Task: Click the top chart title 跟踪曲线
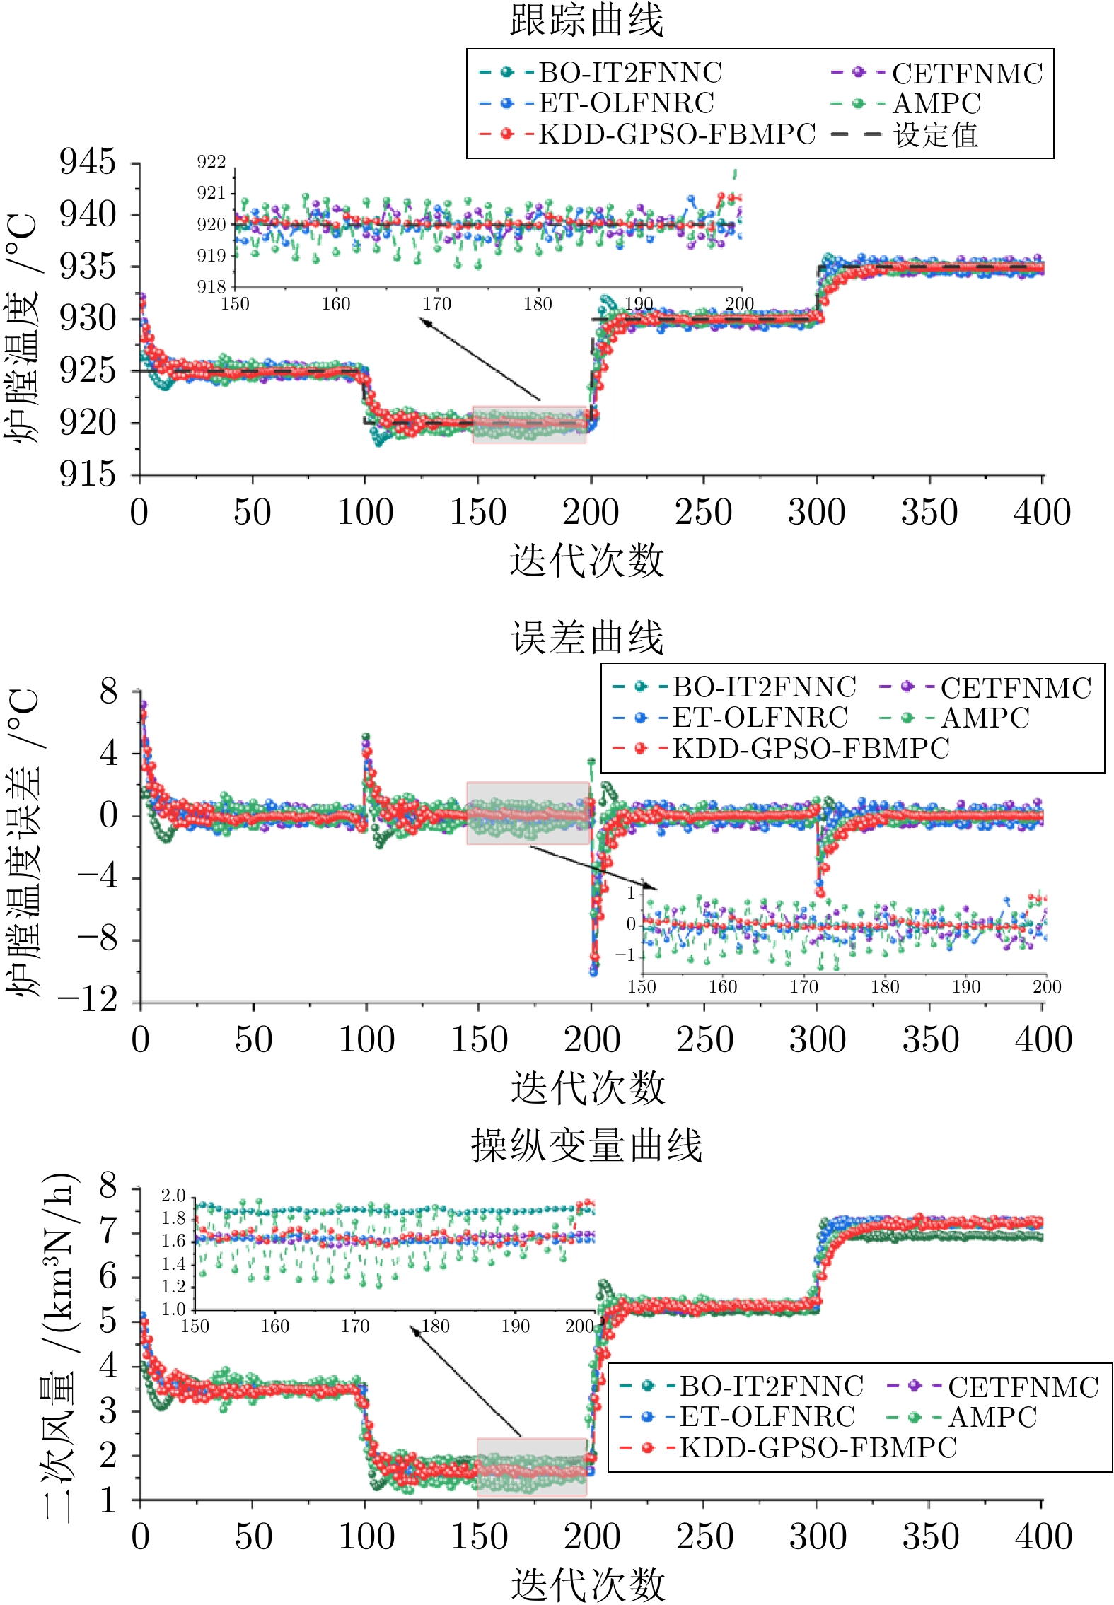pos(586,20)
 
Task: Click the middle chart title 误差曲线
pos(587,638)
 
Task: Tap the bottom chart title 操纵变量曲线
pos(586,1145)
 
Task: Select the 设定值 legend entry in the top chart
pos(935,134)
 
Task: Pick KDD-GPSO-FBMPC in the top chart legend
pos(677,134)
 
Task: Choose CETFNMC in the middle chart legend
pos(1016,688)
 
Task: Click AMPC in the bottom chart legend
pos(992,1417)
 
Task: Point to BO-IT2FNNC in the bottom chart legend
pos(771,1386)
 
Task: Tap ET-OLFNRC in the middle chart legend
pos(760,718)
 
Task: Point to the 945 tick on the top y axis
pos(88,162)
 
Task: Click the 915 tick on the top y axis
pos(88,474)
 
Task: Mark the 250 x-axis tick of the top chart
pos(703,512)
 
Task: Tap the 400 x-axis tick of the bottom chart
pos(1043,1536)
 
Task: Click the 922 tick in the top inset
pos(211,162)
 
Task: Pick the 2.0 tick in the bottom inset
pos(173,1196)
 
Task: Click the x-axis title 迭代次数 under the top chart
pos(586,561)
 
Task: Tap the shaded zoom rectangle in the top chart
pos(529,424)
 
